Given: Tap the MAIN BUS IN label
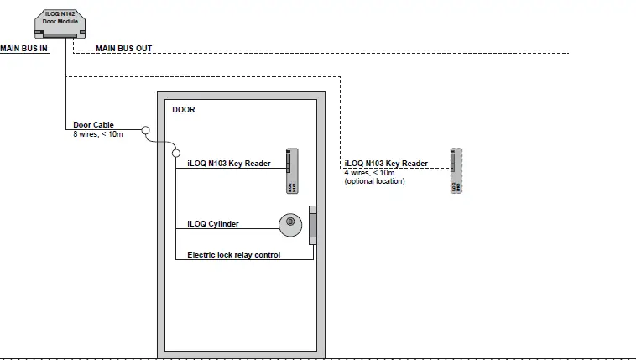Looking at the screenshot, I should point(24,49).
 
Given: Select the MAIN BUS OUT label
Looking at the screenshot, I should point(123,49).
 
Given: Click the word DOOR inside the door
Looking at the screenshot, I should point(183,109).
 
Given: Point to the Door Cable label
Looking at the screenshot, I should point(93,125).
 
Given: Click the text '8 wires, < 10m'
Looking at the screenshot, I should point(97,134).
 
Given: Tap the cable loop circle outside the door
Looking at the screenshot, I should point(145,131).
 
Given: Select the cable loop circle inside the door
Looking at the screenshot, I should point(175,152).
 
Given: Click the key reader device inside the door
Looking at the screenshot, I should point(291,171).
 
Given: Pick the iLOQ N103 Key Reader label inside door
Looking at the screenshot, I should point(228,164).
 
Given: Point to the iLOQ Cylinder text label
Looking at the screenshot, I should point(214,224).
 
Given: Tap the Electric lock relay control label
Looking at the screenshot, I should point(233,254).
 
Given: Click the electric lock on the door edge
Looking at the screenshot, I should point(313,225).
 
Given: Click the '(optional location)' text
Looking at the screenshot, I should point(374,181).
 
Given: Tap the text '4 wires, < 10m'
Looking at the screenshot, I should point(370,173).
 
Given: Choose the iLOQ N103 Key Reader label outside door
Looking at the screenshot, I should point(386,164).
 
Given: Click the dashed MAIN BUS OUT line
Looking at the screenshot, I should point(336,54).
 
